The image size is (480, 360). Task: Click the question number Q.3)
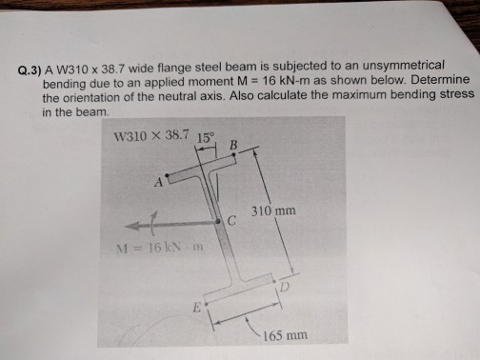[30, 70]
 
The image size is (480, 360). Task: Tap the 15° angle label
[206, 138]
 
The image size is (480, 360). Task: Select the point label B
[233, 145]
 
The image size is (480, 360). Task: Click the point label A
[159, 183]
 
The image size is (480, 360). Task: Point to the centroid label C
[232, 221]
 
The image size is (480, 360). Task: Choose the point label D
[285, 287]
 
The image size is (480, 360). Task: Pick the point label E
[197, 308]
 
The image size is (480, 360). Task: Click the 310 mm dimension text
[273, 210]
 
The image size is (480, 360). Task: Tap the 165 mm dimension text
[285, 335]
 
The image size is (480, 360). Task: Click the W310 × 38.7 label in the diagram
[151, 135]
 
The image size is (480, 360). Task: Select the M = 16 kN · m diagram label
[160, 248]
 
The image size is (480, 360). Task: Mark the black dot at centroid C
[218, 221]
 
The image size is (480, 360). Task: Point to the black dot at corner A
[167, 175]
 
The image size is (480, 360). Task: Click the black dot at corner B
[234, 154]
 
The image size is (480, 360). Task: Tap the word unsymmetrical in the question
[403, 66]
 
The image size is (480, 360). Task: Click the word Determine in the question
[440, 79]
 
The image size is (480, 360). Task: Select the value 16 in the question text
[270, 81]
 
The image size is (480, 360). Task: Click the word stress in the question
[457, 94]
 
